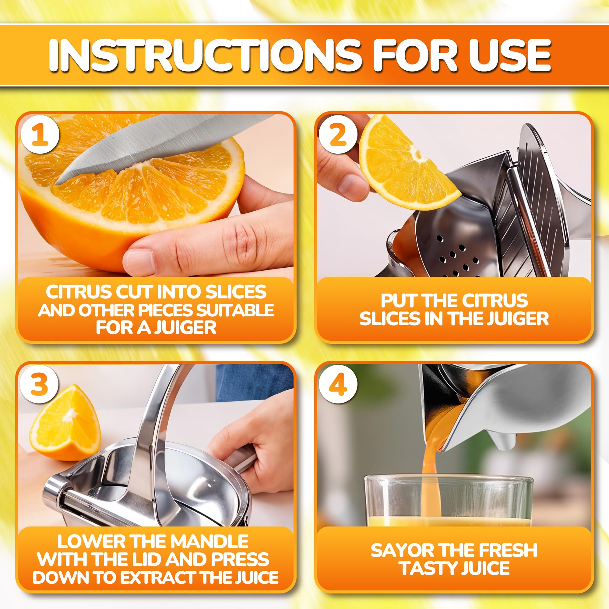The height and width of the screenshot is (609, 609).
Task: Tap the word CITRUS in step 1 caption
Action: coord(79,292)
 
